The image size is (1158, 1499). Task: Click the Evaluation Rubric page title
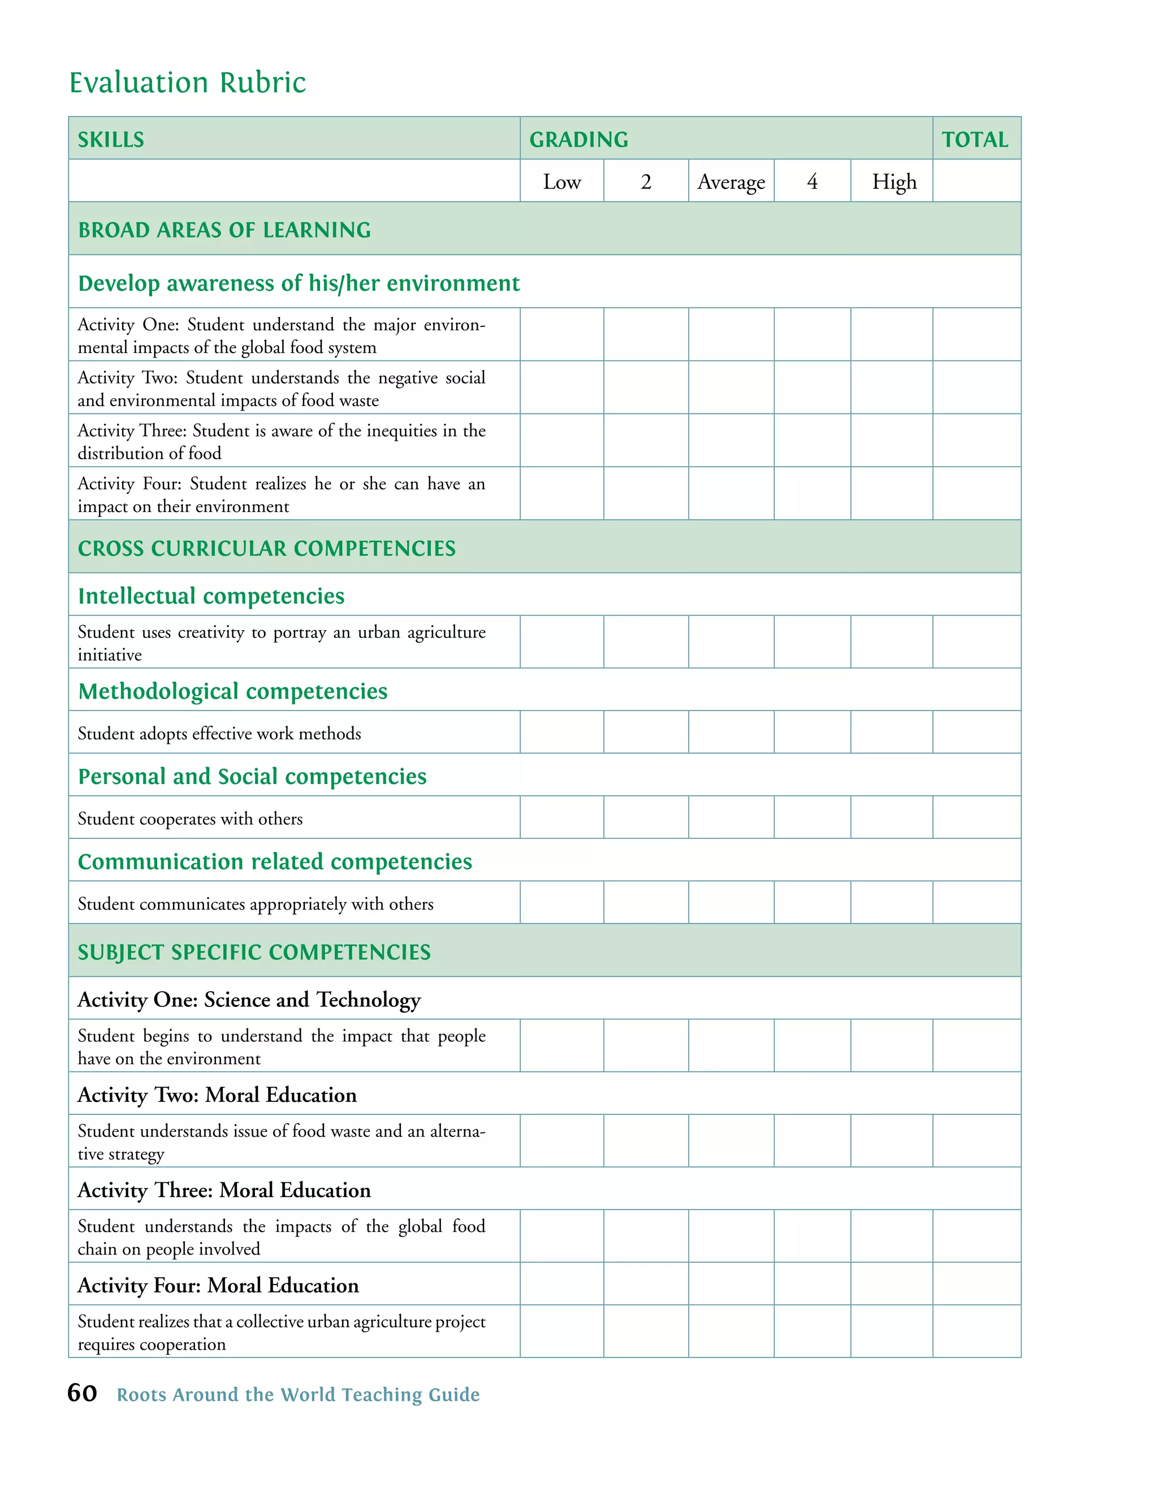click(x=187, y=83)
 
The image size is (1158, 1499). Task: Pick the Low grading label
click(x=562, y=182)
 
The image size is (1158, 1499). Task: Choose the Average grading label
click(x=731, y=182)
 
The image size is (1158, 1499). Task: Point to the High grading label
click(x=893, y=182)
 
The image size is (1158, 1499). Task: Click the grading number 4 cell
click(x=813, y=182)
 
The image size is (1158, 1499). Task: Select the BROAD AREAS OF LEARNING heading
click(x=224, y=229)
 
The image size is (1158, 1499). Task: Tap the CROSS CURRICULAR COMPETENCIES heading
click(x=266, y=548)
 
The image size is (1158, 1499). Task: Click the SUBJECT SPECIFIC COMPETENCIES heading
click(x=254, y=951)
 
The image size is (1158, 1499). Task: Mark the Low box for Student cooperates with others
click(x=562, y=817)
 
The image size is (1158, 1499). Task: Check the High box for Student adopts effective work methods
click(x=891, y=733)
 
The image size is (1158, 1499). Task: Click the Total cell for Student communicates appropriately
click(x=976, y=903)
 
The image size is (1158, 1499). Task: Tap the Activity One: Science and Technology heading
click(x=249, y=1000)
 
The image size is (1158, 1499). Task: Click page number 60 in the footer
click(x=83, y=1393)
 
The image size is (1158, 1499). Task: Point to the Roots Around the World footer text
click(x=298, y=1395)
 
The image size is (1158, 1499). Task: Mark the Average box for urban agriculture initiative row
click(x=731, y=642)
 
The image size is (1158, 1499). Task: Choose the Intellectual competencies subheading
click(x=211, y=595)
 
